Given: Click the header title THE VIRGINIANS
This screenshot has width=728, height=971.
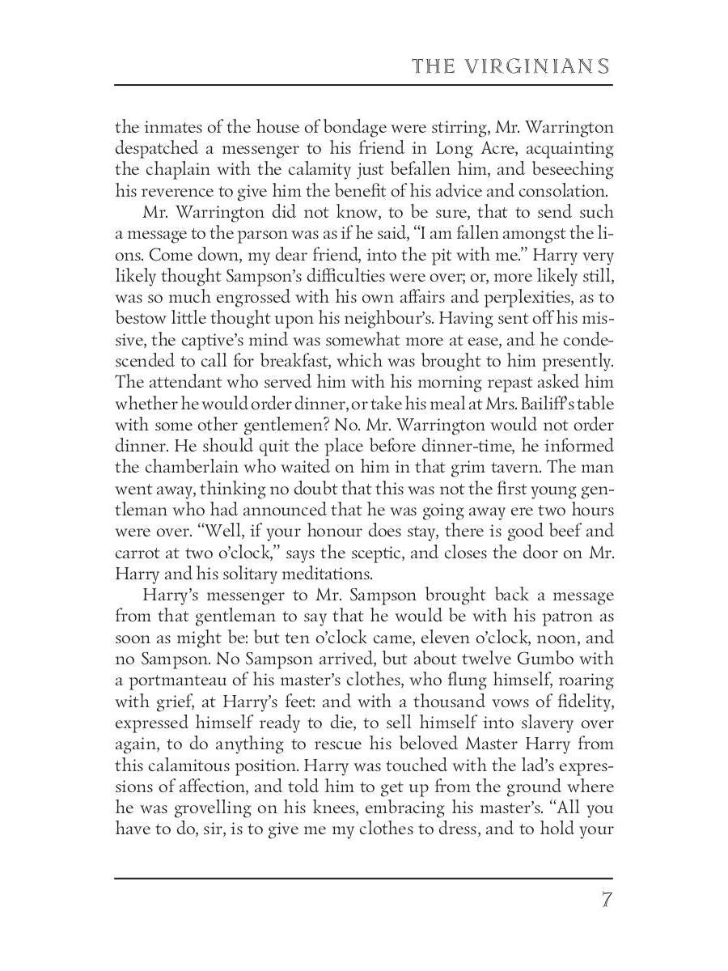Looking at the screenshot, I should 510,66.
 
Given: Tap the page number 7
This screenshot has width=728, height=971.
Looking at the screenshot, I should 606,900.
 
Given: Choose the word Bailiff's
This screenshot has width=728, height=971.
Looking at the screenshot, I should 523,404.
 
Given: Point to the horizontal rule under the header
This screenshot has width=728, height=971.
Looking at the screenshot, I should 363,84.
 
